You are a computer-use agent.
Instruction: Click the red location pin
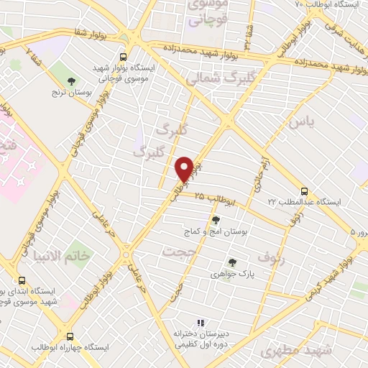(x=184, y=169)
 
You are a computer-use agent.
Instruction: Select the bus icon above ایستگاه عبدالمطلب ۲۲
(x=304, y=191)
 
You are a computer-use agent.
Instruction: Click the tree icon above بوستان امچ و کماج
(x=216, y=220)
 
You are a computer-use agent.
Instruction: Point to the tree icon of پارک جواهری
(x=231, y=262)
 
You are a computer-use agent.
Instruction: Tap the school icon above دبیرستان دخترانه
(x=201, y=323)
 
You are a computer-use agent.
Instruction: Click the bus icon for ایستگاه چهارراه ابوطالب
(x=70, y=336)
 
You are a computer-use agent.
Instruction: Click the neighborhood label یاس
(x=301, y=123)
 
